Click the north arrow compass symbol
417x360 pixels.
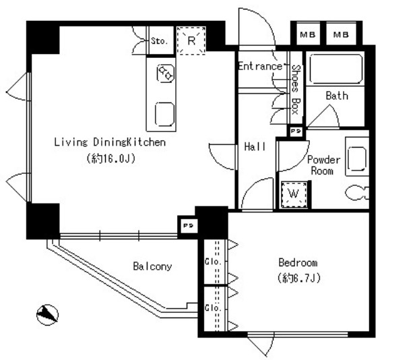[x=47, y=315]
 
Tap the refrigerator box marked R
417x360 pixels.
[x=191, y=40]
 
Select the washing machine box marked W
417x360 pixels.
[x=294, y=194]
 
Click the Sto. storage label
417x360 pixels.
[x=160, y=40]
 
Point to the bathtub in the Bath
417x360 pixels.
[x=336, y=68]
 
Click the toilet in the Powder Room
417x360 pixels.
[x=357, y=193]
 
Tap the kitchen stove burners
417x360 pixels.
[x=166, y=73]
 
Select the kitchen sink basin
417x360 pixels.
[x=165, y=114]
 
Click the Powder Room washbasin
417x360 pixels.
[x=357, y=158]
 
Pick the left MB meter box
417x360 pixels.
[x=308, y=34]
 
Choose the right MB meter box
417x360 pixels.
[x=341, y=34]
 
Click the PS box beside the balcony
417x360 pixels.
[x=188, y=226]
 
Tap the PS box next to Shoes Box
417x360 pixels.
[x=296, y=131]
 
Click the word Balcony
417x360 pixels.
[x=152, y=266]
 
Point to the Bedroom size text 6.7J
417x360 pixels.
[x=299, y=278]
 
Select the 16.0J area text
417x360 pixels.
[x=111, y=159]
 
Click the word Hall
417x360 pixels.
[x=255, y=146]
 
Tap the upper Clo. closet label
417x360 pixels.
[x=213, y=262]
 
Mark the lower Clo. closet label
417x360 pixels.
[x=213, y=308]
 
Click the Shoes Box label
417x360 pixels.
[x=296, y=90]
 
